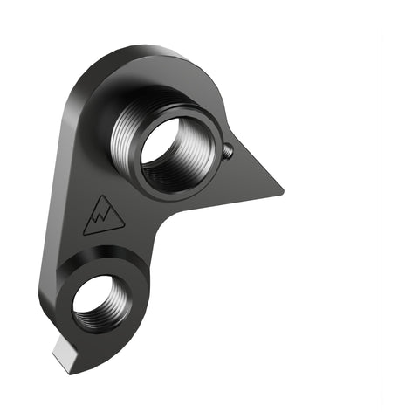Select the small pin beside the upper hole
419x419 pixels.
coord(228,150)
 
